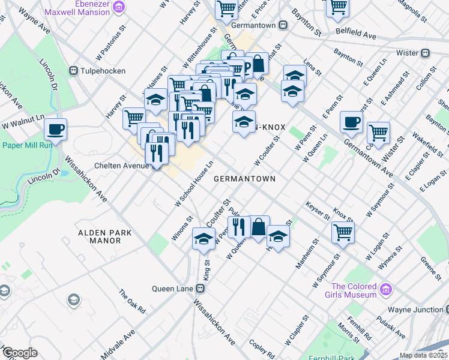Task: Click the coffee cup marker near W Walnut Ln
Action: (x=55, y=128)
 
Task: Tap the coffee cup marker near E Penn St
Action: (x=351, y=122)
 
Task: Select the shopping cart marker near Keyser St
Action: (x=343, y=232)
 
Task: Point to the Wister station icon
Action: (x=426, y=53)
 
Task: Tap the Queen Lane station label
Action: (x=178, y=289)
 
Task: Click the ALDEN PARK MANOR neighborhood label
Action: (x=99, y=236)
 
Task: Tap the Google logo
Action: (x=19, y=353)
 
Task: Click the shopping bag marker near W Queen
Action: (x=259, y=227)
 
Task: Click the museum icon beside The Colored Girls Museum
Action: (x=387, y=290)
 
